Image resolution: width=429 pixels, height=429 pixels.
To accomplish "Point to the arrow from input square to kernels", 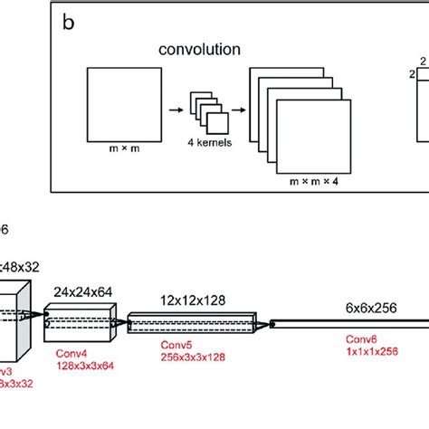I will pyautogui.click(x=176, y=106).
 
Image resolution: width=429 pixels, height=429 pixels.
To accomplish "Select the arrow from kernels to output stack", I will pyautogui.click(x=239, y=106).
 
